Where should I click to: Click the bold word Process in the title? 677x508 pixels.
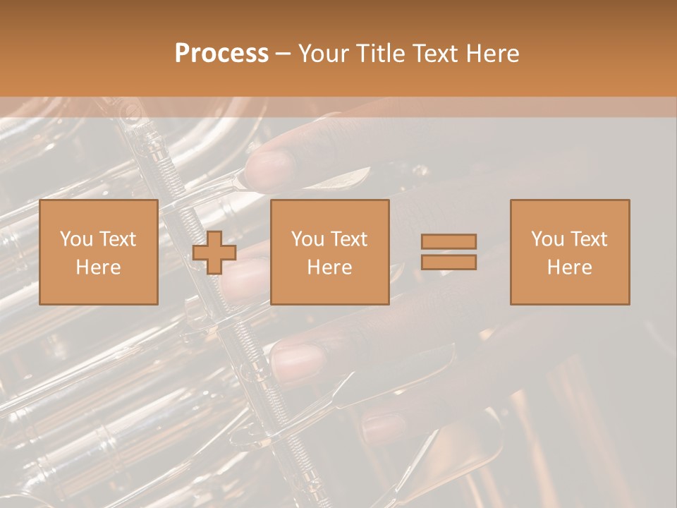tap(221, 54)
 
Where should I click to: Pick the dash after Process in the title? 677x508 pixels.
tap(283, 54)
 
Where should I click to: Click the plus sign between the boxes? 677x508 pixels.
tap(214, 253)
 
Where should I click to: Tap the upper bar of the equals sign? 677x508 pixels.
tap(449, 241)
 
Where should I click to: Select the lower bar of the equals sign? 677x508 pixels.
tap(449, 262)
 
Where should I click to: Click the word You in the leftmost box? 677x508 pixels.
tap(75, 239)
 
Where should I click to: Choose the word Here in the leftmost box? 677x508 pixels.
tap(98, 267)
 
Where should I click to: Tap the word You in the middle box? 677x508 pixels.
tap(307, 239)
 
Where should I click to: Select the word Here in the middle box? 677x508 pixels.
tap(329, 267)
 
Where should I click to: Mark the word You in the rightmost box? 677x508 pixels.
tap(547, 239)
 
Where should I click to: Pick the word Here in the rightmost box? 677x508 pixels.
tap(569, 267)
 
